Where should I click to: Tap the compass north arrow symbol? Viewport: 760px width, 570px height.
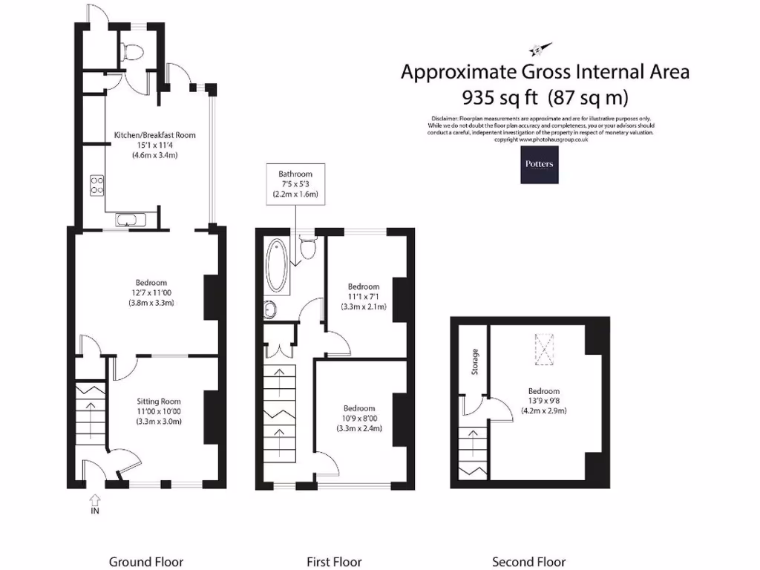click(537, 49)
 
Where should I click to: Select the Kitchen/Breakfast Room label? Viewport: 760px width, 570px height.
click(154, 135)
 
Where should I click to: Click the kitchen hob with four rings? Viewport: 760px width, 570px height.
click(96, 185)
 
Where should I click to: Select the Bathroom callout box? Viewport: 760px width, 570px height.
click(295, 183)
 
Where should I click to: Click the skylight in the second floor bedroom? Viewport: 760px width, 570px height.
click(546, 348)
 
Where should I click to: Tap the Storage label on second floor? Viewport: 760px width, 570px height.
click(475, 361)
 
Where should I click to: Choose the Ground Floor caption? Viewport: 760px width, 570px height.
click(145, 562)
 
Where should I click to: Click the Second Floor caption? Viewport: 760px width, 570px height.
click(528, 562)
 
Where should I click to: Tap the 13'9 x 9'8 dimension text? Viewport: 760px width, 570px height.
click(544, 402)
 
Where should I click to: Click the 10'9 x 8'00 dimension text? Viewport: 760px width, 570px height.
click(358, 419)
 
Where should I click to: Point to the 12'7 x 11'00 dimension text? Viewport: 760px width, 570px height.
click(151, 292)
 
